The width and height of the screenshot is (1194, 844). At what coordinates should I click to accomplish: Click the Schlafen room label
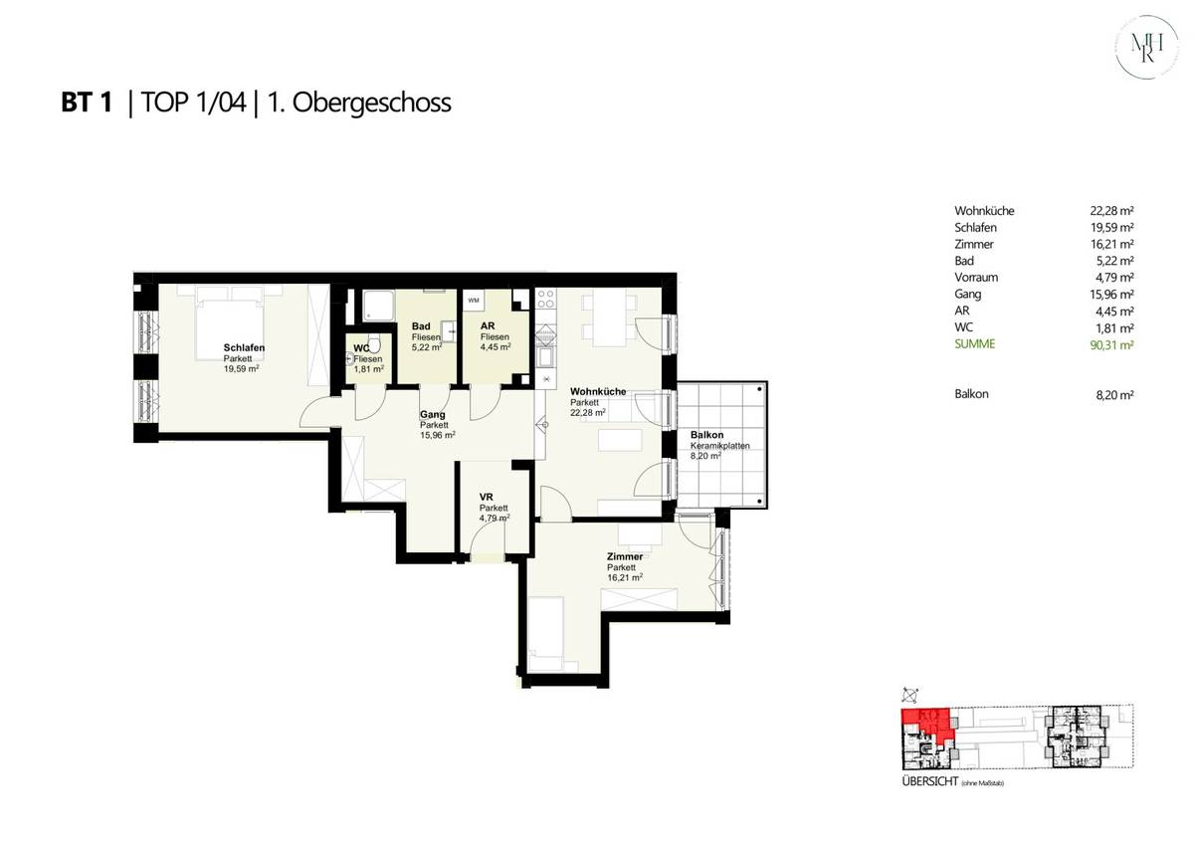coord(244,348)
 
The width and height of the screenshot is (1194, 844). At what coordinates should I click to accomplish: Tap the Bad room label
coord(421,326)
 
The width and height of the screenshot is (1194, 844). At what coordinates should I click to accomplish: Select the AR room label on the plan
coord(488,326)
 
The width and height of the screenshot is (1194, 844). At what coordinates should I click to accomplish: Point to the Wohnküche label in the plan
coord(598,391)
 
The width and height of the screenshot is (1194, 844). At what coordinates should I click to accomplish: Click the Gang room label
coord(432,414)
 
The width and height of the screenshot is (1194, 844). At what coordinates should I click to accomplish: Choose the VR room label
coord(487,497)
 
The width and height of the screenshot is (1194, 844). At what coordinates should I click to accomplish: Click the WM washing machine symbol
coord(474,300)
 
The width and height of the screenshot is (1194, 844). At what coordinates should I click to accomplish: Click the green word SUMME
coord(974,343)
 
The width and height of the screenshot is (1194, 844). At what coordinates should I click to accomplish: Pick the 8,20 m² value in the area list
coord(1114,394)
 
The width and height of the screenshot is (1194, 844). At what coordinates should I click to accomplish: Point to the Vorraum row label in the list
coord(976,278)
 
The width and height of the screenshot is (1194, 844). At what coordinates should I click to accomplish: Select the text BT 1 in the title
coord(87,103)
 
